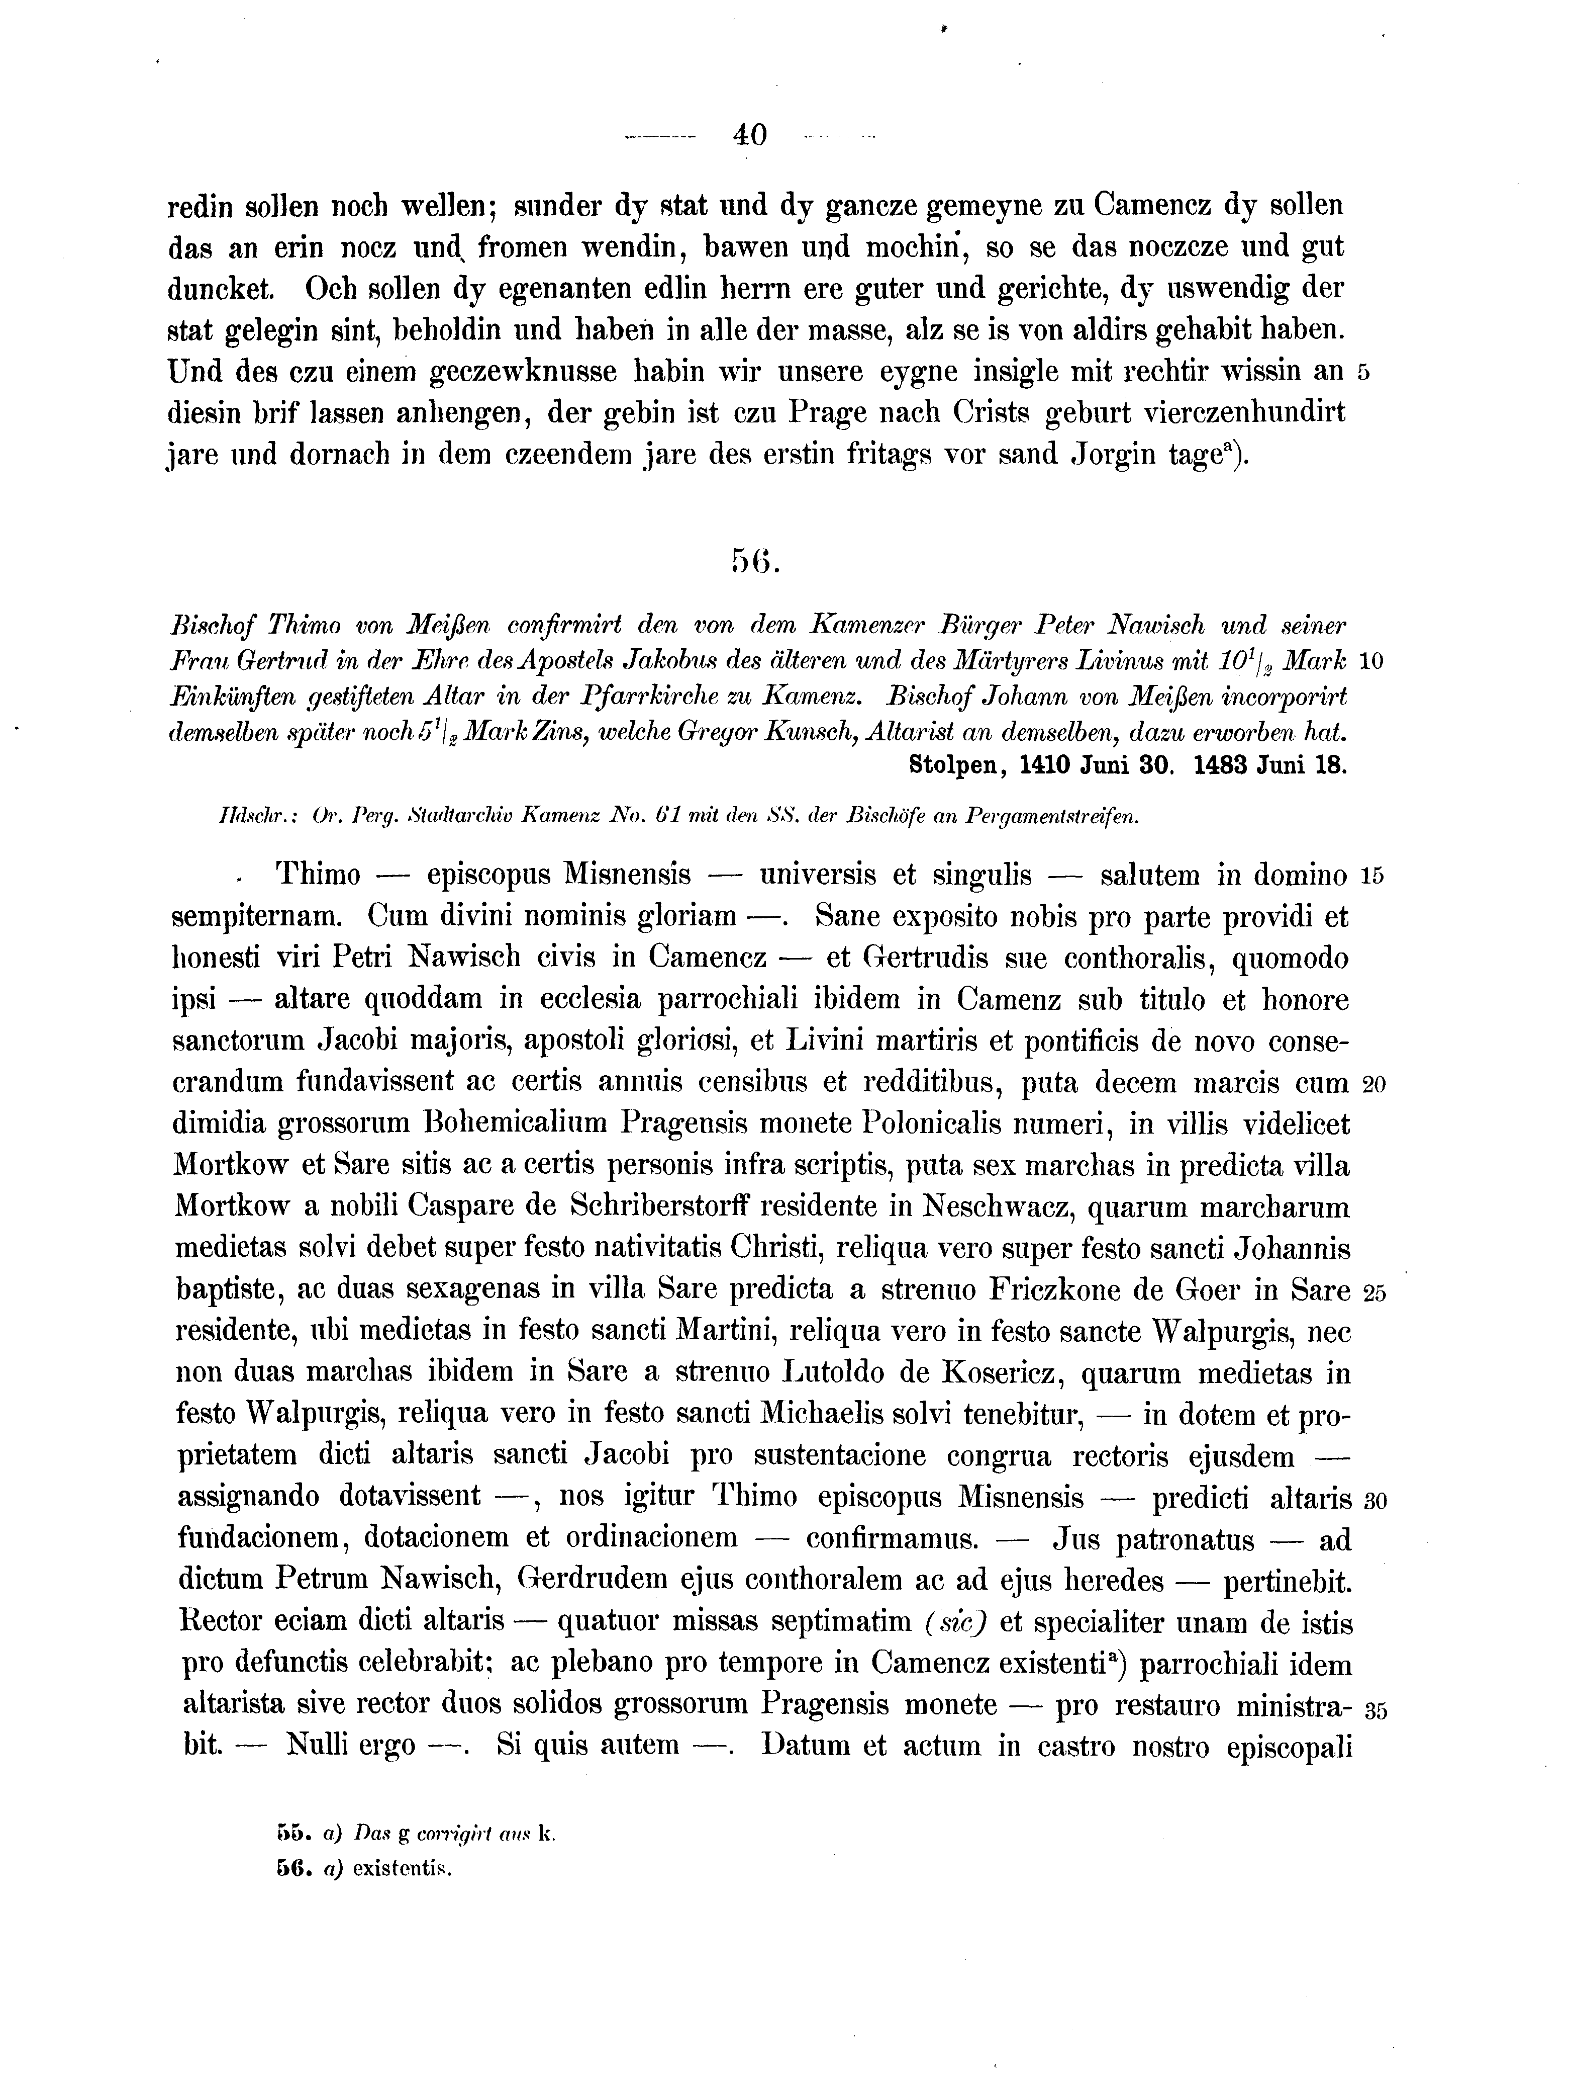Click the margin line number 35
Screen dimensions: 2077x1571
click(x=1375, y=1710)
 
